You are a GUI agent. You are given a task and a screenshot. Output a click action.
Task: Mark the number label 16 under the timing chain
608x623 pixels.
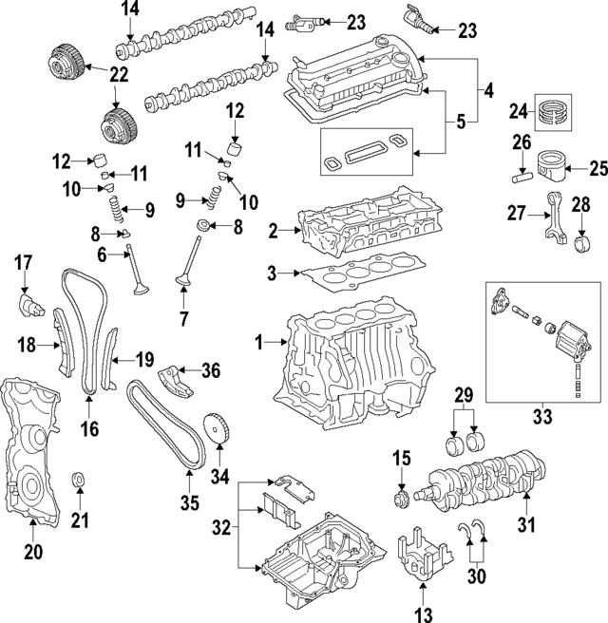point(89,430)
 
